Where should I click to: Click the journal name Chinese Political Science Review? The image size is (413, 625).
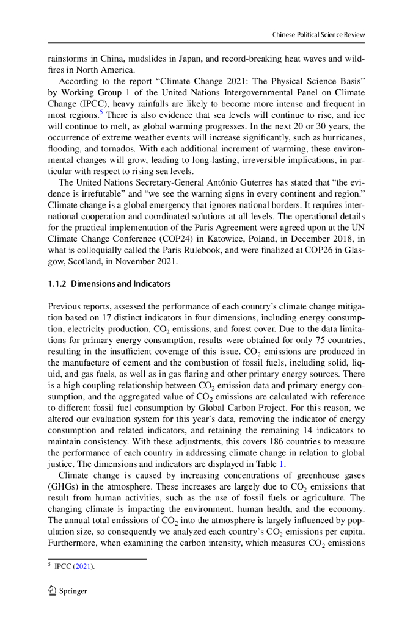pyautogui.click(x=318, y=35)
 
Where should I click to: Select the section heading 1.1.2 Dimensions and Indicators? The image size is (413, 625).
pyautogui.click(x=110, y=284)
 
